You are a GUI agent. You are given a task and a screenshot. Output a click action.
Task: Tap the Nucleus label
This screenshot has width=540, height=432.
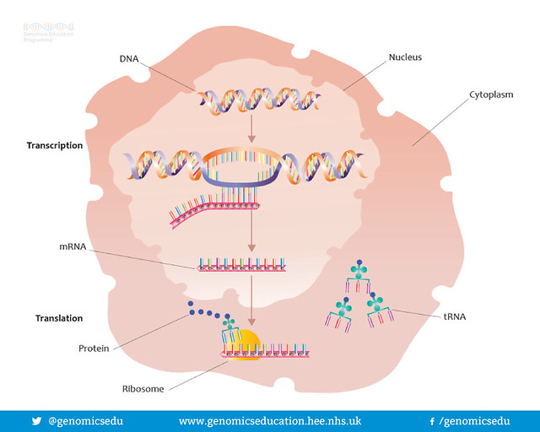click(x=405, y=57)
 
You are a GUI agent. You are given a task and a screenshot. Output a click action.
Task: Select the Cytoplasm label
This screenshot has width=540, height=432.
click(x=492, y=95)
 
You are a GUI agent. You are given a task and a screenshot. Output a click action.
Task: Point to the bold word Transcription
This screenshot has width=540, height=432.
click(x=55, y=145)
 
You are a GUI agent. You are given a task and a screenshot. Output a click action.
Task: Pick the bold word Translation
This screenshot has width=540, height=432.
click(x=59, y=318)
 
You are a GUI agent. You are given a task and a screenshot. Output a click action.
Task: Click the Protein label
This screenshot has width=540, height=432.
click(x=93, y=348)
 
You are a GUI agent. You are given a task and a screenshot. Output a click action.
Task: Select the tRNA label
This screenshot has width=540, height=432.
click(x=455, y=317)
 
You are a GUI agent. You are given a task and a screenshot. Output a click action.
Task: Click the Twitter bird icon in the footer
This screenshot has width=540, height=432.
click(x=35, y=420)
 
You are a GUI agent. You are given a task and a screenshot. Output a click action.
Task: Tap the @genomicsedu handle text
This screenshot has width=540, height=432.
click(x=85, y=420)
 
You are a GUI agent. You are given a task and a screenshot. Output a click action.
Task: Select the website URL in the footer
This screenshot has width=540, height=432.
click(x=270, y=420)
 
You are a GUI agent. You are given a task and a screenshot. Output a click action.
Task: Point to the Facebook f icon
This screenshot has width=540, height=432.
click(x=432, y=420)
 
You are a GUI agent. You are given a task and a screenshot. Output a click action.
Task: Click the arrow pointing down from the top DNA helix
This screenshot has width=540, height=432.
click(x=250, y=127)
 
